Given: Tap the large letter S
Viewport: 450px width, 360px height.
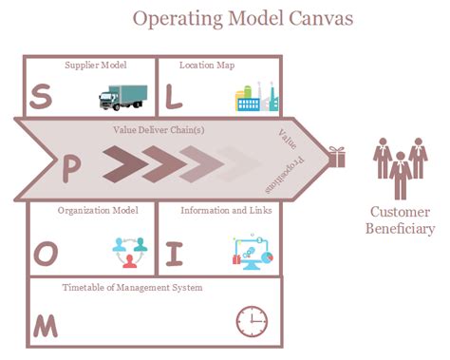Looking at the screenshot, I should click(x=41, y=96).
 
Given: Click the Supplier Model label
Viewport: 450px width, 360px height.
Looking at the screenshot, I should click(x=95, y=66).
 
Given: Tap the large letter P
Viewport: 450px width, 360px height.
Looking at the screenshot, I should click(x=71, y=167).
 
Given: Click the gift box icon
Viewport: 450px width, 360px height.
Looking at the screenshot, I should click(x=336, y=157).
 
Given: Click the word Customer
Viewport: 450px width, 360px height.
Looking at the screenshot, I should click(x=401, y=212).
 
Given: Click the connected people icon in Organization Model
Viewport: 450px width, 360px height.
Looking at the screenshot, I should click(x=130, y=251).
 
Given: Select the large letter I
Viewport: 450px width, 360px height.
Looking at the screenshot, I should click(x=174, y=254).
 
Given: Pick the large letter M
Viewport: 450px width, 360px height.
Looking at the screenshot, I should click(x=45, y=325).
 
